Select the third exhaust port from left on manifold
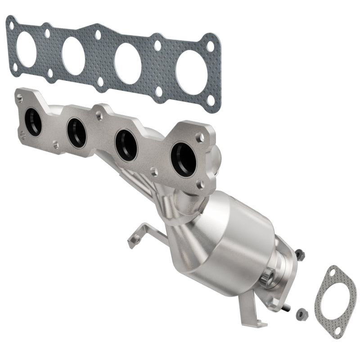click(x=126, y=144)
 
